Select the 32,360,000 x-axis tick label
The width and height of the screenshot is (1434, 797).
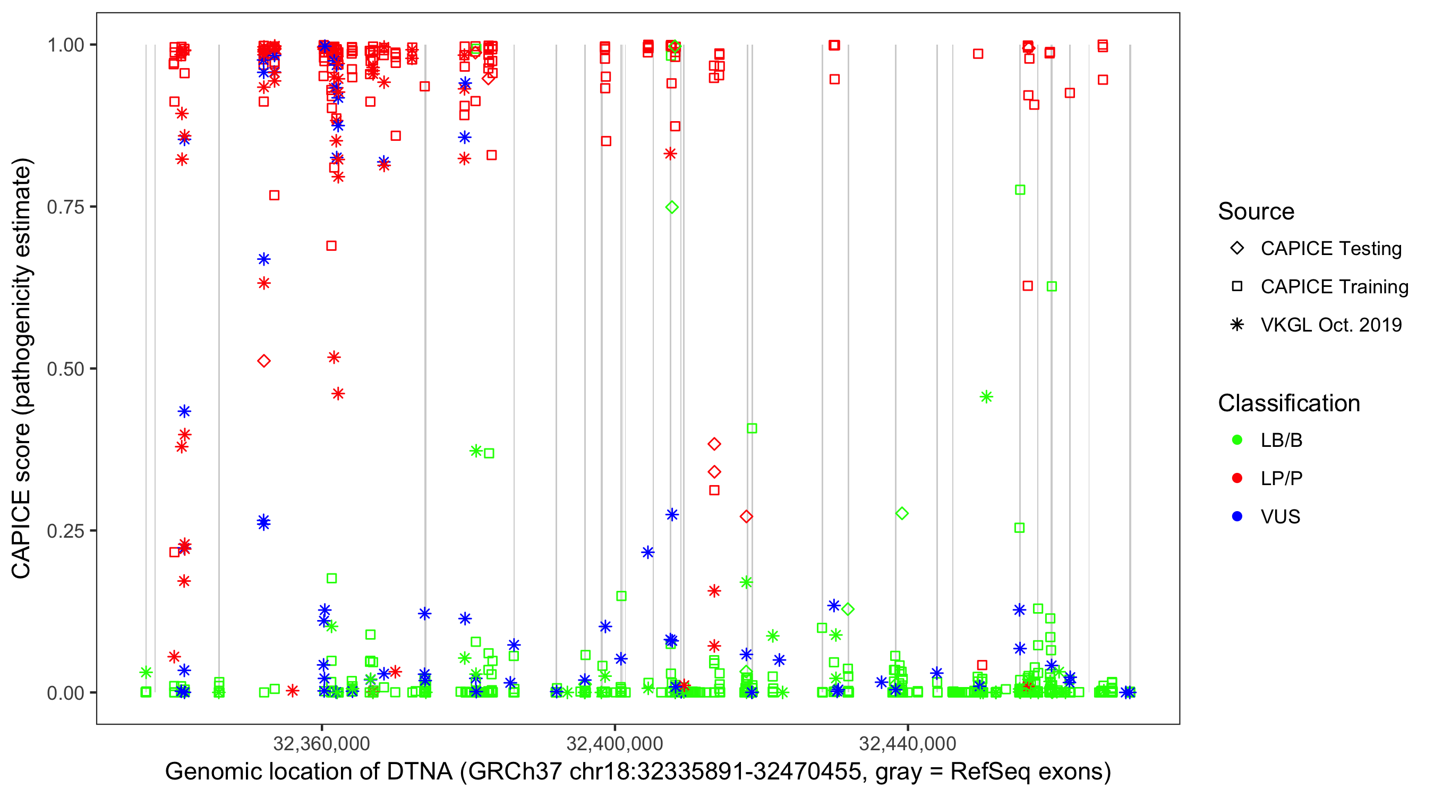[x=321, y=743]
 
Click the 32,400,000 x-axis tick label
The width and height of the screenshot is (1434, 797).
[x=614, y=743]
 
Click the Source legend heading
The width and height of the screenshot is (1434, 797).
[x=1256, y=211]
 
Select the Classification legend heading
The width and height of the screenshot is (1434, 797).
[x=1288, y=403]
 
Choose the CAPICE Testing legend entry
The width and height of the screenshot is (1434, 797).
[x=1331, y=249]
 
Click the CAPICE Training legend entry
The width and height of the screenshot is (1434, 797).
[x=1334, y=287]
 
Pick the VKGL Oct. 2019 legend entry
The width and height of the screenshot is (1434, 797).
[x=1331, y=325]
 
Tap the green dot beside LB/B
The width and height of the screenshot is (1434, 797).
[x=1237, y=440]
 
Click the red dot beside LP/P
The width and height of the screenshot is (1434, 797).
[x=1237, y=478]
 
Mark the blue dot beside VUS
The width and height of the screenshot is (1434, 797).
[x=1237, y=517]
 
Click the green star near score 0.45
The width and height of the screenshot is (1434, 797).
[x=986, y=397]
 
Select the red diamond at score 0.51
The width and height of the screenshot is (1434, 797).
[x=264, y=361]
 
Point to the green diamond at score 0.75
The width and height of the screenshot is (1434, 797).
[x=672, y=207]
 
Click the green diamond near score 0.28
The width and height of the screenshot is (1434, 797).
[x=902, y=513]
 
